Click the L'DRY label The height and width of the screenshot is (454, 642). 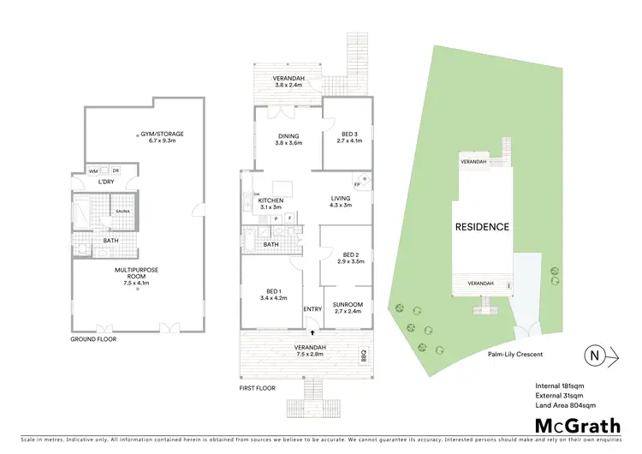point(106,182)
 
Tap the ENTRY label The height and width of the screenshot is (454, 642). point(312,308)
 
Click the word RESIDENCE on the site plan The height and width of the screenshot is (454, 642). point(482,227)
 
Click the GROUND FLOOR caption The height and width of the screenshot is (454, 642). point(93,339)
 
